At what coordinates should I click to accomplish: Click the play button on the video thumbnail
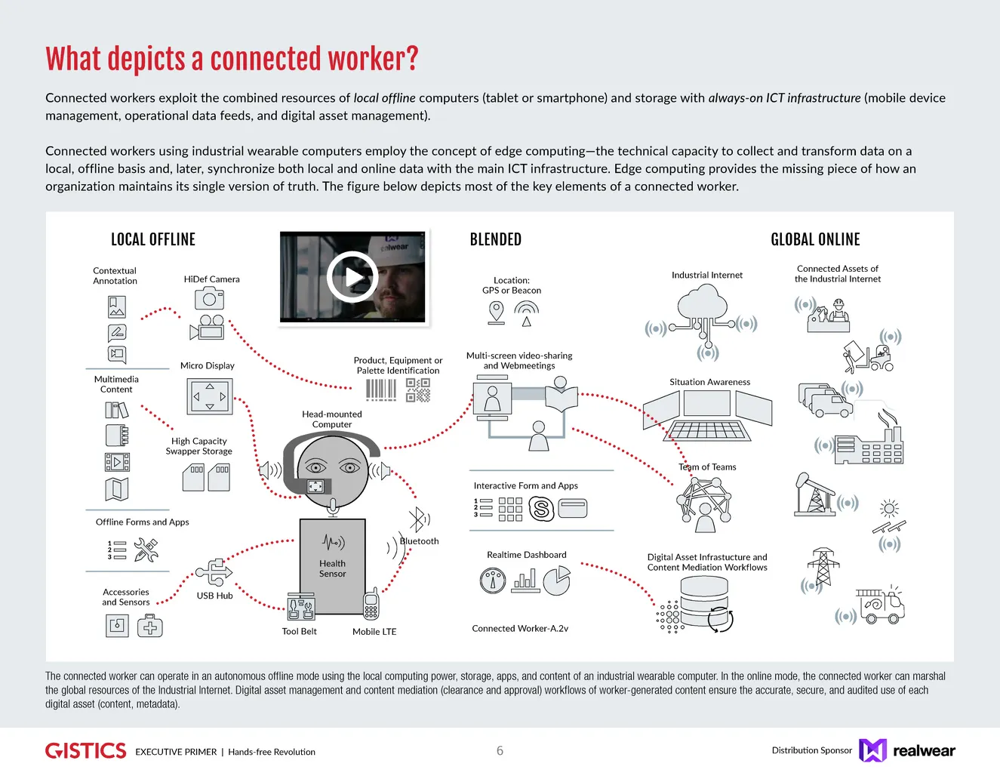pyautogui.click(x=352, y=277)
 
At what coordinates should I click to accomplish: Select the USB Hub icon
pyautogui.click(x=214, y=572)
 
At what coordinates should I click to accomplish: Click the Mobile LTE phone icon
pyautogui.click(x=371, y=604)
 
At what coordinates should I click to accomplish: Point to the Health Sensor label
pyautogui.click(x=332, y=568)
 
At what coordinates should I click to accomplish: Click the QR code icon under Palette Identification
pyautogui.click(x=417, y=390)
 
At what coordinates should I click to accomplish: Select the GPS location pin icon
pyautogui.click(x=496, y=312)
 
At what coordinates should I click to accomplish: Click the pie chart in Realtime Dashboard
pyautogui.click(x=557, y=581)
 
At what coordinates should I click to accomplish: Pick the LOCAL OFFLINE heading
pyautogui.click(x=153, y=239)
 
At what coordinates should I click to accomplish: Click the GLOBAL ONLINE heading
pyautogui.click(x=815, y=239)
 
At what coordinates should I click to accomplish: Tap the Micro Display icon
pyautogui.click(x=209, y=396)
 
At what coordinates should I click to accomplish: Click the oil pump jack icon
pyautogui.click(x=814, y=494)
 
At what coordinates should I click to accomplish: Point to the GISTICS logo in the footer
pyautogui.click(x=86, y=750)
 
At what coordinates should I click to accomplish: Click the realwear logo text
pyautogui.click(x=924, y=750)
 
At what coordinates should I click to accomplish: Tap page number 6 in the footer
pyautogui.click(x=500, y=750)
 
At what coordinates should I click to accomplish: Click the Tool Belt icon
pyautogui.click(x=300, y=606)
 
